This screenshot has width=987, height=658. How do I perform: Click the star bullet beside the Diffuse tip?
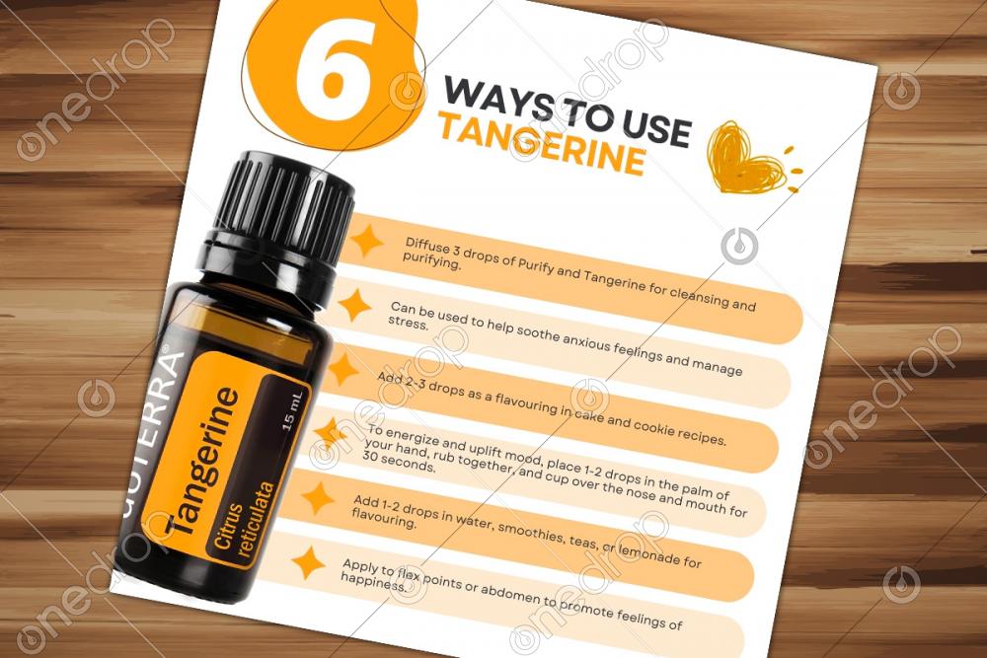point(366,241)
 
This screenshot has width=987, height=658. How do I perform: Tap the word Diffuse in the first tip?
point(426,248)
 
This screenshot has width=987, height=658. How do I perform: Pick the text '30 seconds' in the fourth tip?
point(399,463)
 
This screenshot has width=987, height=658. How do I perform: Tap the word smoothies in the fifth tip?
point(530,531)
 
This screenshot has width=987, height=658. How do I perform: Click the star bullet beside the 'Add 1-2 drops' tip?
point(319,498)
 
